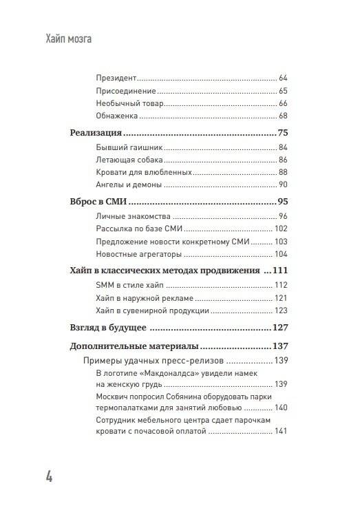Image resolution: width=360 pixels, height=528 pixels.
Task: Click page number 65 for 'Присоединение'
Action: [282, 92]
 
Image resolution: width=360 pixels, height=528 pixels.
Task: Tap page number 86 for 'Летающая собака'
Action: [282, 160]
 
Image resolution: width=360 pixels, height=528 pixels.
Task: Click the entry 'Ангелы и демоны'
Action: [129, 185]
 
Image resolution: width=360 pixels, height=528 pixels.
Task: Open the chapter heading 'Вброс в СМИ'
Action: [100, 202]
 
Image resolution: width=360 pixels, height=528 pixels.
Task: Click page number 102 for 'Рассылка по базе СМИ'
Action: [279, 229]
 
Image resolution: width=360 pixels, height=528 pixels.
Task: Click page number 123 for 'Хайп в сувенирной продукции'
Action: [279, 310]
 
